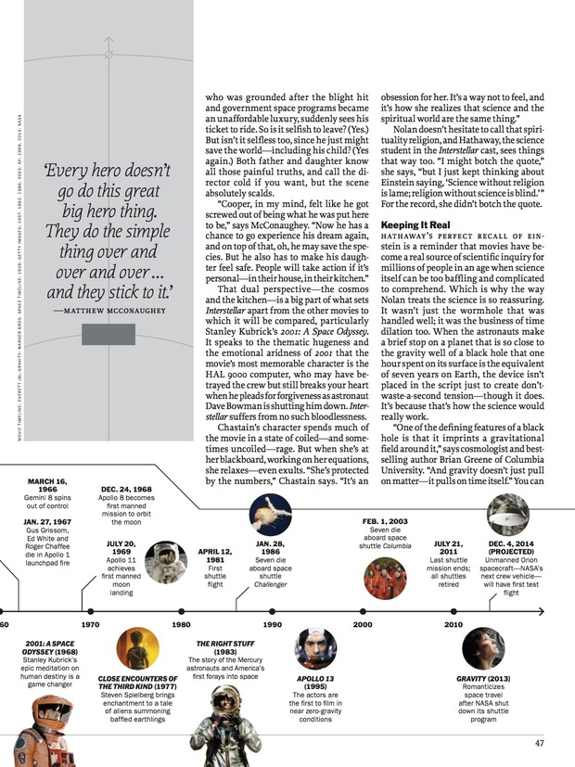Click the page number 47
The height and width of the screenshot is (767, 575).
click(539, 742)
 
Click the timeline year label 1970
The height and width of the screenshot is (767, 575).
click(90, 624)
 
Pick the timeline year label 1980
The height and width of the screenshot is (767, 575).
click(181, 624)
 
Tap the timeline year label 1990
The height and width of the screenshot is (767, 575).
click(272, 624)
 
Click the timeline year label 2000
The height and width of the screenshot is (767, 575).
click(363, 624)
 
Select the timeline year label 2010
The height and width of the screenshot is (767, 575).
click(454, 624)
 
